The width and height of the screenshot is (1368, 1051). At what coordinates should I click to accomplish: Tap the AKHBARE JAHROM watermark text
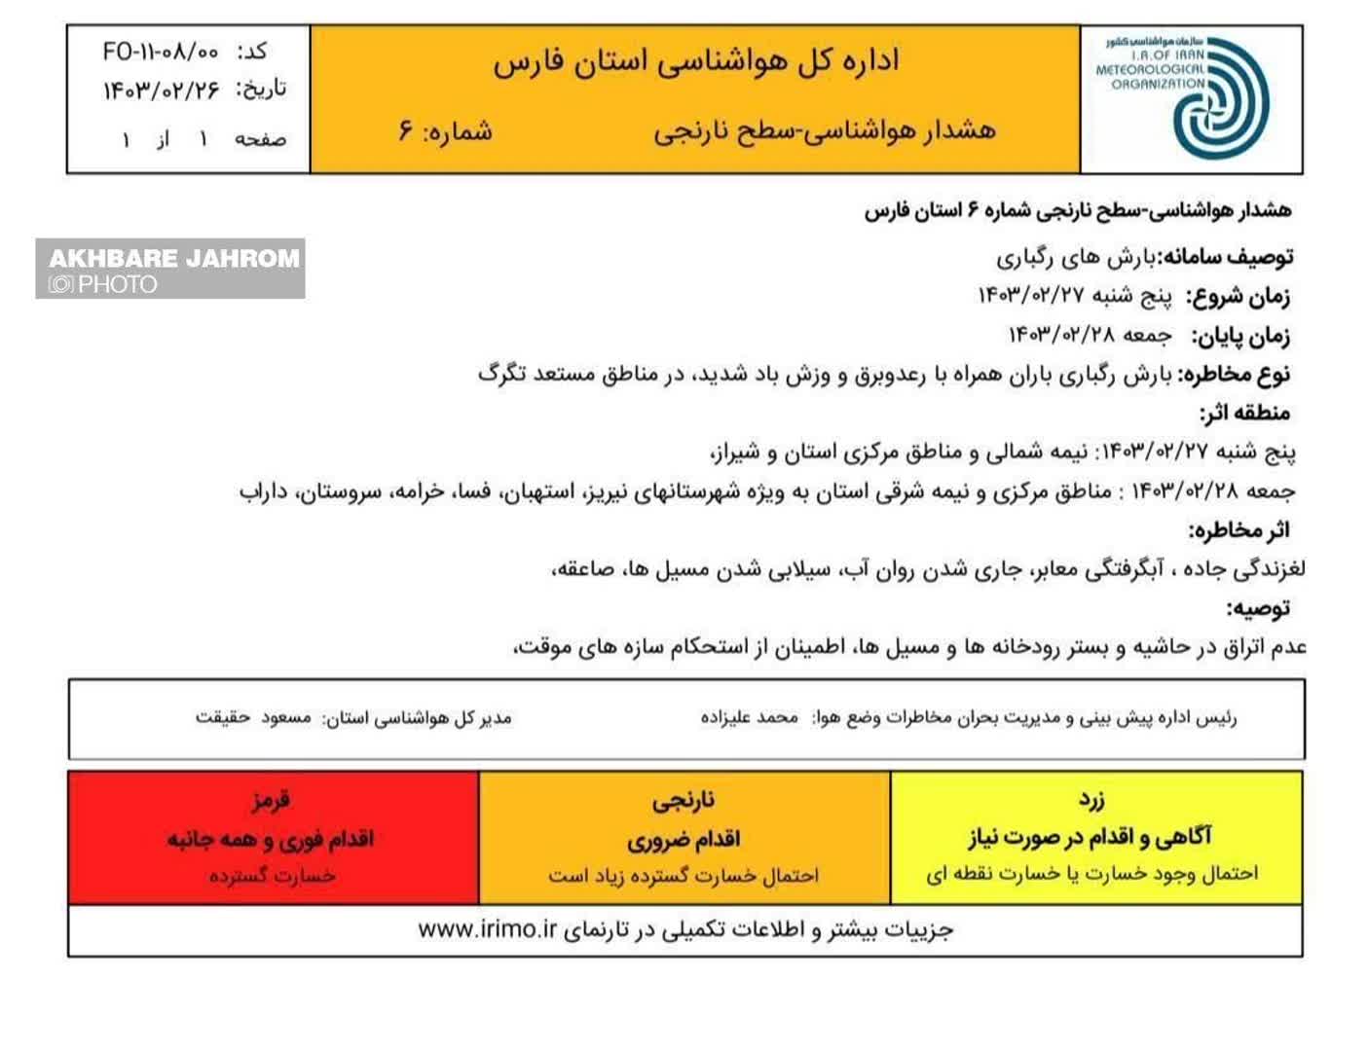coord(173,258)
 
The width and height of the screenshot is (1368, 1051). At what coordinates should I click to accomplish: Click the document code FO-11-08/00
coord(161,52)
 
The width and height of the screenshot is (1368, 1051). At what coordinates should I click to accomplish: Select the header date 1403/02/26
coord(162,91)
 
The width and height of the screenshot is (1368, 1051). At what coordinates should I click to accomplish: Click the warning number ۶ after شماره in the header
coord(406,130)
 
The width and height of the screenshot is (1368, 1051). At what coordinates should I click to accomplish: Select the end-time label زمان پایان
coord(1240,336)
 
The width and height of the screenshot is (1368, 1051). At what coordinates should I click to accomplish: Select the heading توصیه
coord(1258,609)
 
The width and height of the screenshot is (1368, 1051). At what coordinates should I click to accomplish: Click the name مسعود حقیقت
coord(253,718)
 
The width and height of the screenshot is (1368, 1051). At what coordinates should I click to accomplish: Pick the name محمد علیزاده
coord(749,718)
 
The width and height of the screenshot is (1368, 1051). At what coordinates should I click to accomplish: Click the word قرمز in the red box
coord(271,801)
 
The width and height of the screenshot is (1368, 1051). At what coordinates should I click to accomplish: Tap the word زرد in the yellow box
coord(1091,801)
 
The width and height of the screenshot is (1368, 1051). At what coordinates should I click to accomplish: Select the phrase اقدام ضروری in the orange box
coord(683,839)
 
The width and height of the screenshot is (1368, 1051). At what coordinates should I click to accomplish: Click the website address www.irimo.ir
coord(487,929)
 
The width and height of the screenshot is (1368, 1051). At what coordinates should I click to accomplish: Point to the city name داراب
coord(265,491)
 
